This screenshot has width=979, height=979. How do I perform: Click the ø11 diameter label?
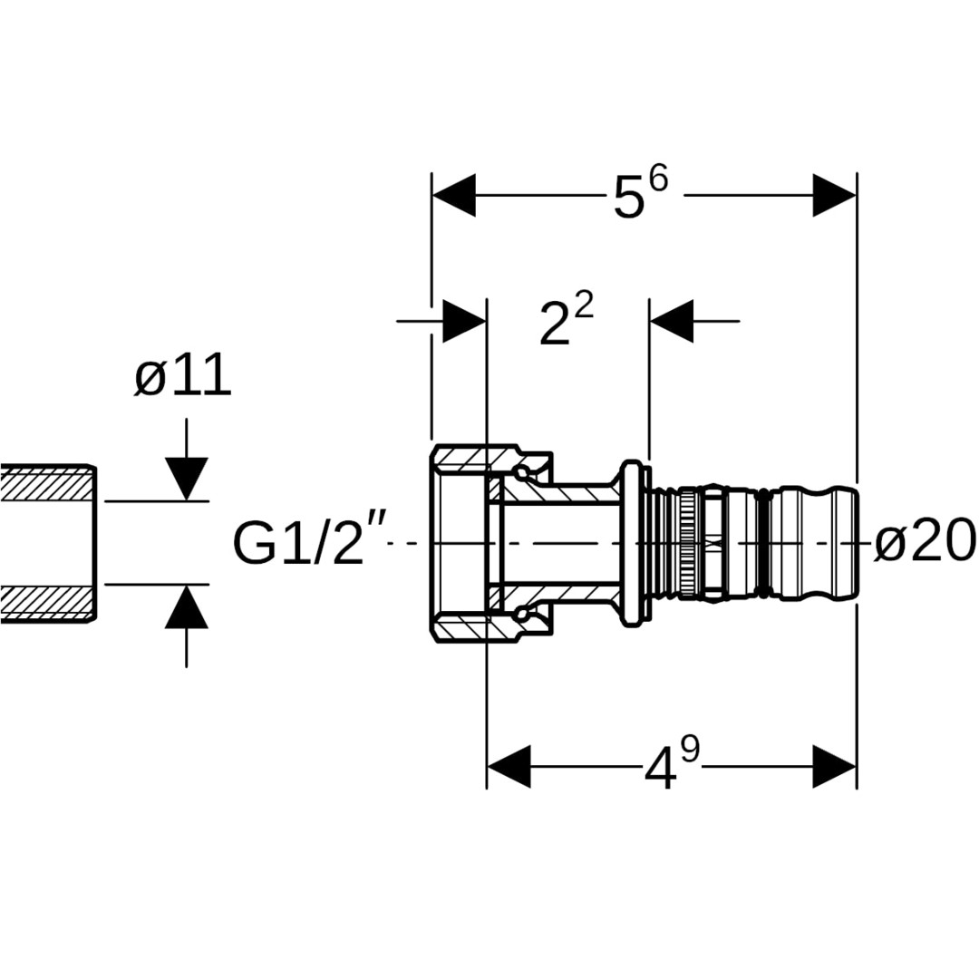pyautogui.click(x=183, y=377)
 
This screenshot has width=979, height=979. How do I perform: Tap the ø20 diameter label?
pyautogui.click(x=925, y=542)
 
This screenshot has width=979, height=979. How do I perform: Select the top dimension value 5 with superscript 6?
pyautogui.click(x=640, y=195)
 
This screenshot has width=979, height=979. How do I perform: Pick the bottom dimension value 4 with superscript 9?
pyautogui.click(x=672, y=767)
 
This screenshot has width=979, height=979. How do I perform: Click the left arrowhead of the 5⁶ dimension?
pyautogui.click(x=453, y=195)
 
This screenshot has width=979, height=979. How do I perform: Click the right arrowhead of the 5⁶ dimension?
pyautogui.click(x=835, y=195)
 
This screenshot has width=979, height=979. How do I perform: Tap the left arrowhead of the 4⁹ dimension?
pyautogui.click(x=509, y=767)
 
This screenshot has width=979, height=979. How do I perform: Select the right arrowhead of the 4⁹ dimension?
pyautogui.click(x=835, y=767)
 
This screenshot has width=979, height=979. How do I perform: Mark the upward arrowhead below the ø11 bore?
pyautogui.click(x=187, y=606)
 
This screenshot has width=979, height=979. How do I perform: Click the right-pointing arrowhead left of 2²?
pyautogui.click(x=464, y=321)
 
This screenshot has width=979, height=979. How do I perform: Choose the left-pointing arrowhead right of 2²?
pyautogui.click(x=672, y=321)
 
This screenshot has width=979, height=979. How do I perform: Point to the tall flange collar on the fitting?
pyautogui.click(x=632, y=543)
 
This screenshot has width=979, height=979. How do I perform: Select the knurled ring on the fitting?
pyautogui.click(x=690, y=543)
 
